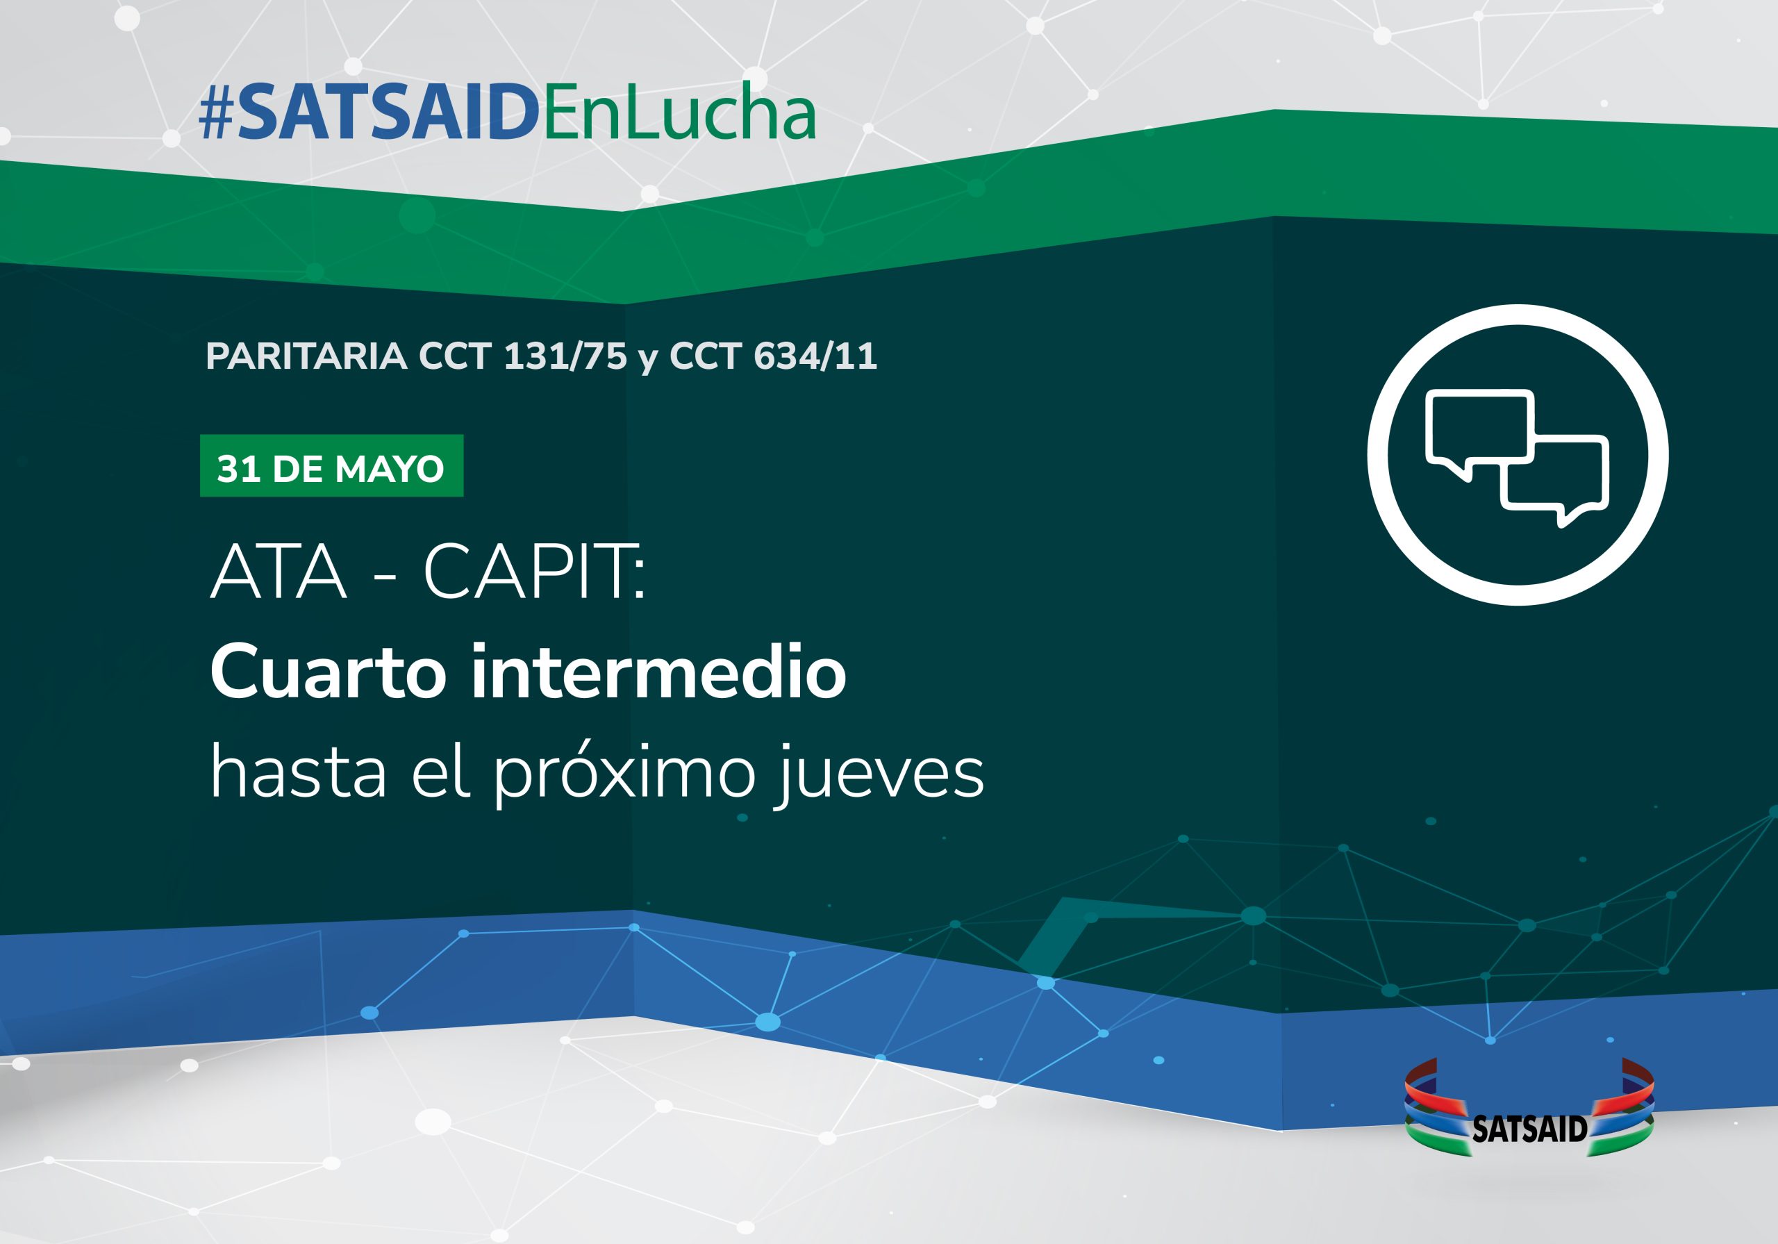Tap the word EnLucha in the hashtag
pyautogui.click(x=679, y=113)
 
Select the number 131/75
pyautogui.click(x=565, y=356)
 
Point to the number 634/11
pyautogui.click(x=815, y=356)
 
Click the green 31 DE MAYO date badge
pyautogui.click(x=331, y=465)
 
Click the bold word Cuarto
pyautogui.click(x=328, y=671)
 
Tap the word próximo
pyautogui.click(x=625, y=774)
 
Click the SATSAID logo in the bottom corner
pyautogui.click(x=1529, y=1108)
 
